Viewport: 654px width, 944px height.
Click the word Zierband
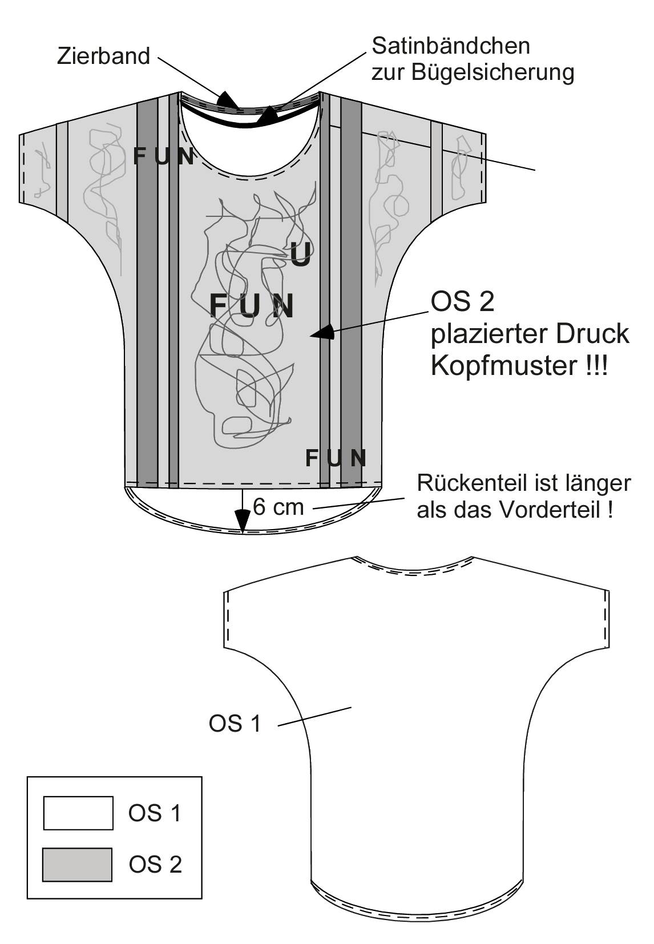tap(103, 55)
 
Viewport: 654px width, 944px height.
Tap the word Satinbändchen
tap(451, 46)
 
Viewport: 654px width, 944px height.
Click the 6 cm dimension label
tap(278, 506)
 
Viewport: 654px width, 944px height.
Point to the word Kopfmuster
tap(503, 365)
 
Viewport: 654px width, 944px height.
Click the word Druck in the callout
tap(592, 334)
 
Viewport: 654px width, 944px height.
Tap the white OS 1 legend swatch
tap(78, 813)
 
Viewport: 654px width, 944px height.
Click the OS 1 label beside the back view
tap(235, 724)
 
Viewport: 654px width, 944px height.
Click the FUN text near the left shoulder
tap(163, 156)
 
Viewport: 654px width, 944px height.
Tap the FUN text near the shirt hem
tap(336, 458)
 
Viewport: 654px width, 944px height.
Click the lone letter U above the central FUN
tap(300, 255)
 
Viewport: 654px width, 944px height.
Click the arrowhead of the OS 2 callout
tap(322, 333)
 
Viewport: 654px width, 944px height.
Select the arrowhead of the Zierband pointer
tap(228, 99)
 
